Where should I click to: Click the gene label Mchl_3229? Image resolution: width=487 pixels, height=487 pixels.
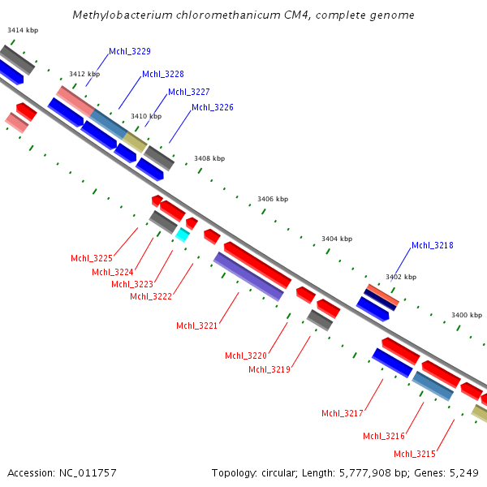(x=130, y=51)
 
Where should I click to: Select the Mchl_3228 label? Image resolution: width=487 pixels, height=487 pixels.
(x=163, y=74)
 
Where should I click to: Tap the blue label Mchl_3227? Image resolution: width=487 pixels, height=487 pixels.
(x=189, y=92)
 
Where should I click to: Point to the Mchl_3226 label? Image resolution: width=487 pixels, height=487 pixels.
(x=213, y=107)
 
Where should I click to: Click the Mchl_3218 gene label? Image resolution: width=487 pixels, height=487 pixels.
(x=433, y=245)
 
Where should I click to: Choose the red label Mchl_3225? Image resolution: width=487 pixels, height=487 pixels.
(x=92, y=258)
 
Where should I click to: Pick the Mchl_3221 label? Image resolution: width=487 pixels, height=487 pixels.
(x=197, y=325)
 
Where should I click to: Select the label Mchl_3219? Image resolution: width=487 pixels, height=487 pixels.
(x=269, y=369)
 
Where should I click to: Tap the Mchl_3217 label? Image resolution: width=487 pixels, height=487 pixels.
(x=343, y=413)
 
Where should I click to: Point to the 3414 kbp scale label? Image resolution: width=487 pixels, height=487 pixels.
(x=23, y=30)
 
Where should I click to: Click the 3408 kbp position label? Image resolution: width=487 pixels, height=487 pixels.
(x=209, y=158)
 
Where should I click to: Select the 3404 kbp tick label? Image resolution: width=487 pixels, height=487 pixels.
(x=337, y=239)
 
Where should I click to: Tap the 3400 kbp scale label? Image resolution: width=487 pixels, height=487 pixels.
(x=467, y=315)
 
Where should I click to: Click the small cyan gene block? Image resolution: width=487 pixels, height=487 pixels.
(x=183, y=235)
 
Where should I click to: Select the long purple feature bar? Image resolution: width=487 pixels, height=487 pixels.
(x=248, y=276)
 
